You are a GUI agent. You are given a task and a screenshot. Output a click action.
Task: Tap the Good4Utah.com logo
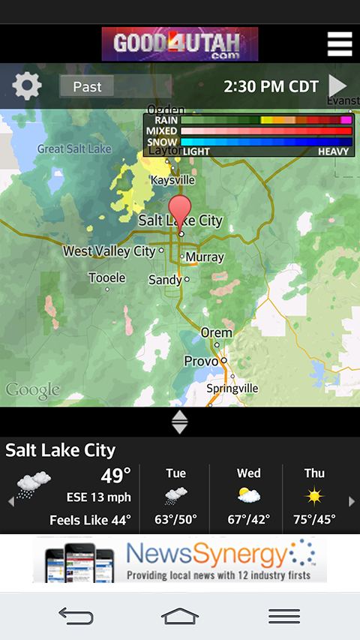[x=180, y=44]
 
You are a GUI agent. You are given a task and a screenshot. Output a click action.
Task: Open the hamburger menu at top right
[x=340, y=44]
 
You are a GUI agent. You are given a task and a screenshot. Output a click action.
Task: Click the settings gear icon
[x=27, y=86]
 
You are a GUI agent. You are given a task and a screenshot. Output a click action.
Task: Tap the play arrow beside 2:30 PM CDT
[x=338, y=86]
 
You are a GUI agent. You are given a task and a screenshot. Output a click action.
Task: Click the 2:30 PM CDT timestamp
[x=271, y=86]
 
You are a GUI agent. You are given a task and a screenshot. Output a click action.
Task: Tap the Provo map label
[x=201, y=362]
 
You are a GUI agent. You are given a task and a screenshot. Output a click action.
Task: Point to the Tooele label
[x=106, y=278]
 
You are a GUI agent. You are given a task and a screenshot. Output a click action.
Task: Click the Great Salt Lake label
[x=74, y=149]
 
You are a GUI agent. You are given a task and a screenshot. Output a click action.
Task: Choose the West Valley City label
[x=109, y=251]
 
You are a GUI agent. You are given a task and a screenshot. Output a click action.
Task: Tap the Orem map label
[x=216, y=332]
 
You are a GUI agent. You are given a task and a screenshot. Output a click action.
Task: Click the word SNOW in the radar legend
[x=162, y=142]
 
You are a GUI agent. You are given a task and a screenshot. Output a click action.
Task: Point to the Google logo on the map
[x=32, y=390]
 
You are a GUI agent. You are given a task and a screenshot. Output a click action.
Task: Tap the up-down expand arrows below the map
[x=180, y=422]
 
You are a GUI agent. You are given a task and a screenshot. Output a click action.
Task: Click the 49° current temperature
[x=115, y=475]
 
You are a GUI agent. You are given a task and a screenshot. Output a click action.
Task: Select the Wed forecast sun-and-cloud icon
[x=248, y=496]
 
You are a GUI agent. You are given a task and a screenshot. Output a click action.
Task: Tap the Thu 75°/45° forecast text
[x=314, y=519]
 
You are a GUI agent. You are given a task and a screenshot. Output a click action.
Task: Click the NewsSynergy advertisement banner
[x=180, y=560]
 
